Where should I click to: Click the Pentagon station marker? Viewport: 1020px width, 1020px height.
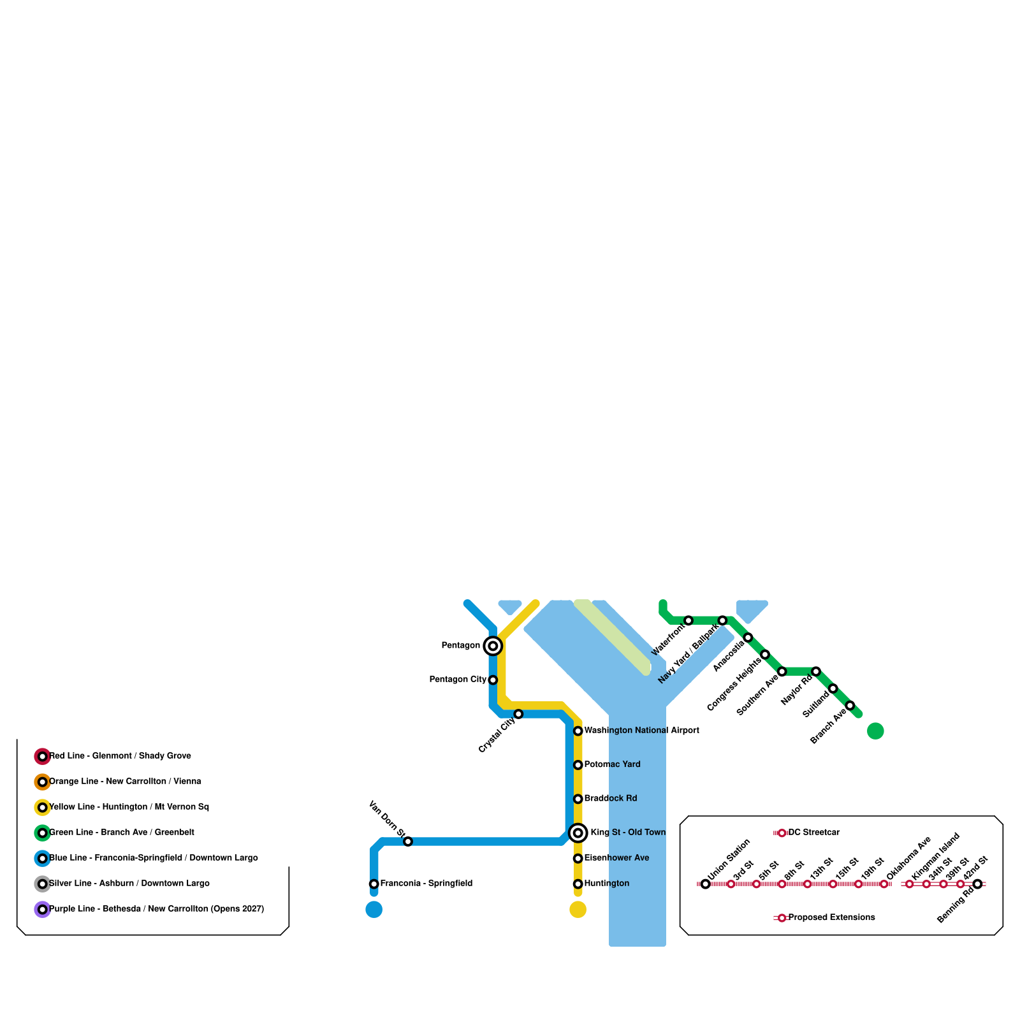point(493,646)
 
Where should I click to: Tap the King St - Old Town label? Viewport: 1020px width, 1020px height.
point(628,833)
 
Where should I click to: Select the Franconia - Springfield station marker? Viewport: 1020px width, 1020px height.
point(374,884)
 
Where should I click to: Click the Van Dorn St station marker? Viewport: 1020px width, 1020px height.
point(408,841)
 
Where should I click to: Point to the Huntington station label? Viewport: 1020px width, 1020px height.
point(606,884)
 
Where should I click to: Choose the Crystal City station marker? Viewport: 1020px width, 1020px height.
point(519,714)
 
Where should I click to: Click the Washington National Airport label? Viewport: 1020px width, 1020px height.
point(641,731)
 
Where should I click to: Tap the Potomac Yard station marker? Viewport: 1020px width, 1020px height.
point(578,765)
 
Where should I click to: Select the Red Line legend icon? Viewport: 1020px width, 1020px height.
point(42,757)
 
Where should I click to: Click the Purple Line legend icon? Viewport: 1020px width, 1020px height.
point(42,910)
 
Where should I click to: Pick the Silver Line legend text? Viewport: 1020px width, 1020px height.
point(129,884)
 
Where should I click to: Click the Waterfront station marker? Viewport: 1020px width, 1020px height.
point(688,621)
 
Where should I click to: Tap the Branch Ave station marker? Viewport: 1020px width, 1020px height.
point(850,706)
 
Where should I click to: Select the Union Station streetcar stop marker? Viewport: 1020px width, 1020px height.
point(706,884)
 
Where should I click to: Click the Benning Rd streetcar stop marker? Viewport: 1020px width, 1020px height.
point(978,884)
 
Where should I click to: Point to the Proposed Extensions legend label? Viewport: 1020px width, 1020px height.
point(831,918)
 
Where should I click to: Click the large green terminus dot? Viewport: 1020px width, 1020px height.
point(876,731)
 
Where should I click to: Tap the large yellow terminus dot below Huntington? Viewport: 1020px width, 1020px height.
point(578,910)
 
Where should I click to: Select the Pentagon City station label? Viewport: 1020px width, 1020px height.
point(458,680)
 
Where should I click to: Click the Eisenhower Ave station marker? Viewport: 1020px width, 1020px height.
point(578,859)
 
